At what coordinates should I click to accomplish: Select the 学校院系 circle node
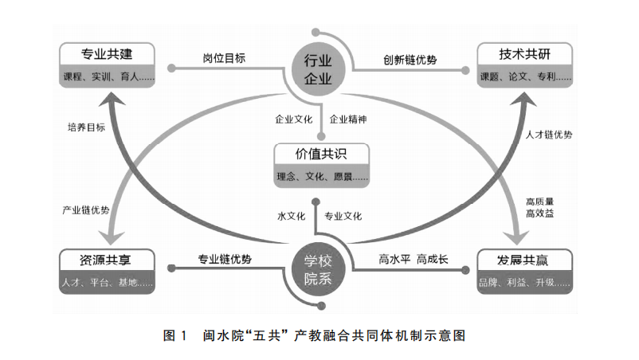point(318,269)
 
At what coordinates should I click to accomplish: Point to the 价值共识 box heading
point(321,154)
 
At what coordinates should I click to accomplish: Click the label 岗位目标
point(224,58)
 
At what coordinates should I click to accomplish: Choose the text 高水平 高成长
point(414,259)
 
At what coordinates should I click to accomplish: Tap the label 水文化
point(292,217)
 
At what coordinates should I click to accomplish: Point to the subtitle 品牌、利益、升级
point(524,283)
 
